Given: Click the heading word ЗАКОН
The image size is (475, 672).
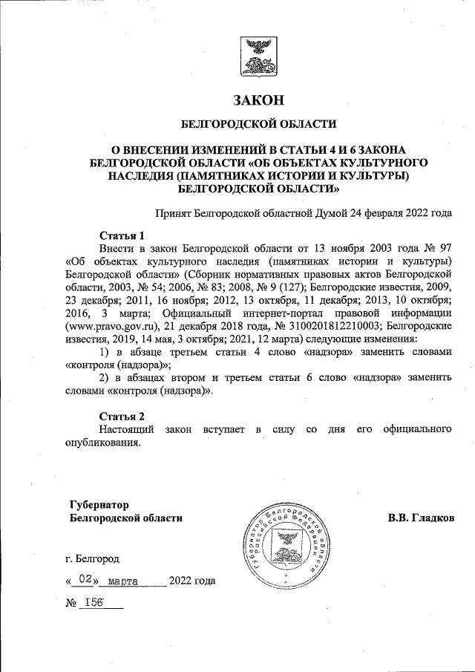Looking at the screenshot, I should click(x=259, y=100).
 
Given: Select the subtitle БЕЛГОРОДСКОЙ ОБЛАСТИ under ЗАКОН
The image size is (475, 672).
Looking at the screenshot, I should click(x=259, y=124).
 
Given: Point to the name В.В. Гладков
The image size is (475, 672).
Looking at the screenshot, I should click(x=421, y=518).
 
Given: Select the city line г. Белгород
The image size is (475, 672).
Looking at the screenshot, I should click(x=91, y=558).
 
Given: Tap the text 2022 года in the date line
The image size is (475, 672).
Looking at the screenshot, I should click(x=192, y=581).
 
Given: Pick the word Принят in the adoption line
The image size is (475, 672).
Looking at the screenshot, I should click(x=171, y=213).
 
